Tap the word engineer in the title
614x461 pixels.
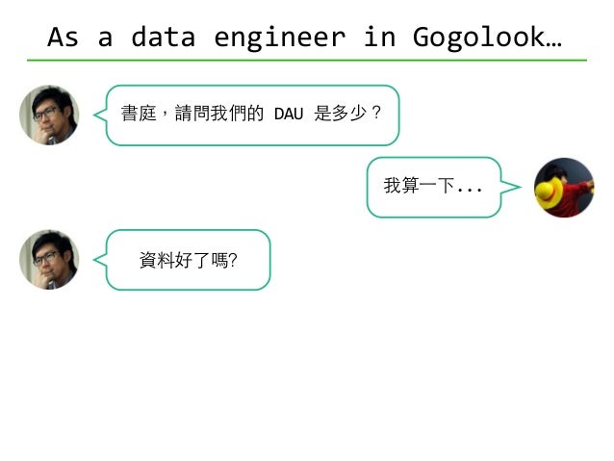[x=278, y=37]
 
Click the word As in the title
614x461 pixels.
[x=63, y=37]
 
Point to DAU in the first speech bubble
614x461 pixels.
[x=289, y=115]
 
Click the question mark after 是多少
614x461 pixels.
[x=376, y=114]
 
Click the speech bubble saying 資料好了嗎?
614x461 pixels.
[x=189, y=259]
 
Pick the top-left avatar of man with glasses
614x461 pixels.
[x=48, y=115]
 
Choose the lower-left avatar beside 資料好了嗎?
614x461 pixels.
[x=48, y=259]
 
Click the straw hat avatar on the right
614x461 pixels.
[x=564, y=187]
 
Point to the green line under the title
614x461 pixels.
[x=307, y=60]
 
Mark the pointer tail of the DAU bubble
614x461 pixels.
[x=99, y=115]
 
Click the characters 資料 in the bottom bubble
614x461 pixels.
[x=156, y=259]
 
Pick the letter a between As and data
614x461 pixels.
[x=105, y=38]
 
